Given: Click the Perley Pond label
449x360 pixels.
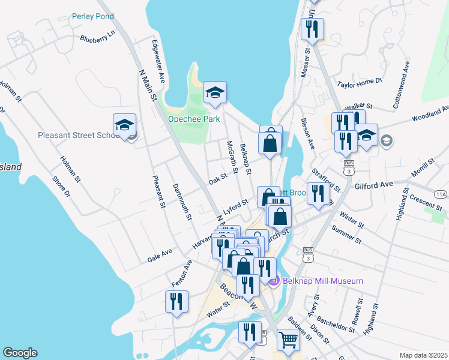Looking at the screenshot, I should (x=92, y=16).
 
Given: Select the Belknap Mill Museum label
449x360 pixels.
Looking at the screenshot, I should (x=324, y=281).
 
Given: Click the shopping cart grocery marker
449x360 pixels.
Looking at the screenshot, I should (x=288, y=340).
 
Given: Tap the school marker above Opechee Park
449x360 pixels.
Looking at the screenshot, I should (x=215, y=93).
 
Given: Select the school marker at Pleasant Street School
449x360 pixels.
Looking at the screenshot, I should (x=124, y=125).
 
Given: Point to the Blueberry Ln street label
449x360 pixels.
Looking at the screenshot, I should (x=97, y=38).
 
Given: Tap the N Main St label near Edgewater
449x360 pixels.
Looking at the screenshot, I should (x=148, y=85).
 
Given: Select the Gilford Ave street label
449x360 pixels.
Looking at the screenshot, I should (x=373, y=187).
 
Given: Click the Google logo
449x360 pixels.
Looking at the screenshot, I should (x=20, y=353).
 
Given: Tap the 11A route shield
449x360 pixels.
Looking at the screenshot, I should (x=441, y=194).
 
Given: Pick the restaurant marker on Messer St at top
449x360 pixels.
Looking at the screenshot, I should (x=312, y=30).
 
